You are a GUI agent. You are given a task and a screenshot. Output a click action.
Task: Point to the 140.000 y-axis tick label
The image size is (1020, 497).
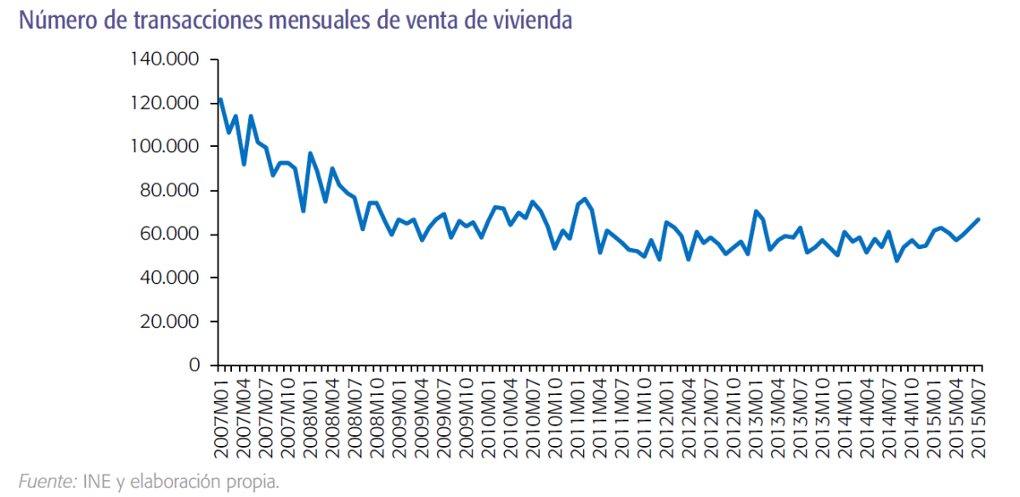point(164,59)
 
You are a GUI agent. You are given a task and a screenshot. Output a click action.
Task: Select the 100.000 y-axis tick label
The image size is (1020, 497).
point(164,147)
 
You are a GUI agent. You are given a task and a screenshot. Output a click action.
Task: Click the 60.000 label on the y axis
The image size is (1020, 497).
point(169,234)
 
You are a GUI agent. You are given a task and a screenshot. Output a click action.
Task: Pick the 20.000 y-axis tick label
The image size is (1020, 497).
point(169,322)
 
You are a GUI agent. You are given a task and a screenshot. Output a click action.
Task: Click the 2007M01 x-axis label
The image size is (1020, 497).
point(221,415)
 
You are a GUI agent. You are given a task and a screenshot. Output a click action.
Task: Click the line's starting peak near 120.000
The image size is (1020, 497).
point(221,99)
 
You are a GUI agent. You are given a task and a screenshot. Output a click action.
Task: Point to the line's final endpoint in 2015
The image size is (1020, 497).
point(978,219)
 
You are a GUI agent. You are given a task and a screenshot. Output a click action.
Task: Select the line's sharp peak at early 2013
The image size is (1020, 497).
point(756,211)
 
